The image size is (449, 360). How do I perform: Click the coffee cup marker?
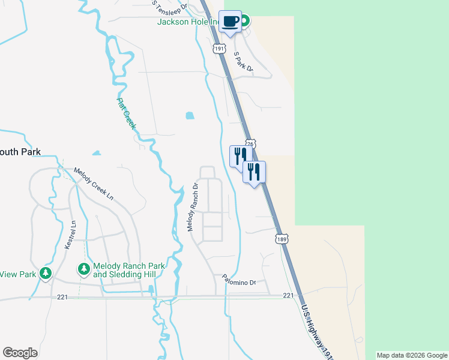click(230, 22)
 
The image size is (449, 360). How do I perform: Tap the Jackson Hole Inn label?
click(187, 22)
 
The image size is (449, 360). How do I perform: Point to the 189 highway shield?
click(281, 239)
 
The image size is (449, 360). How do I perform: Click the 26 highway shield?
click(251, 144)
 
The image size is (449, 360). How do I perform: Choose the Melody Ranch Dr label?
click(192, 208)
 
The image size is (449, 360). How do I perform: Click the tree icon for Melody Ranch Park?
click(84, 268)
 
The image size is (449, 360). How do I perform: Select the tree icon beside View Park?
click(46, 274)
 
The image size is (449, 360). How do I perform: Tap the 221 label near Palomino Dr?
click(288, 295)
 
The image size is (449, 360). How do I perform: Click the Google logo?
click(20, 353)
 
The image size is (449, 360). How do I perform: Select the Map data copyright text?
click(412, 355)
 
